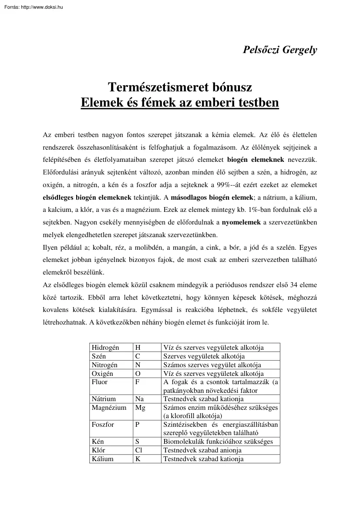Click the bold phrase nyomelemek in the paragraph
click(241, 222)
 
